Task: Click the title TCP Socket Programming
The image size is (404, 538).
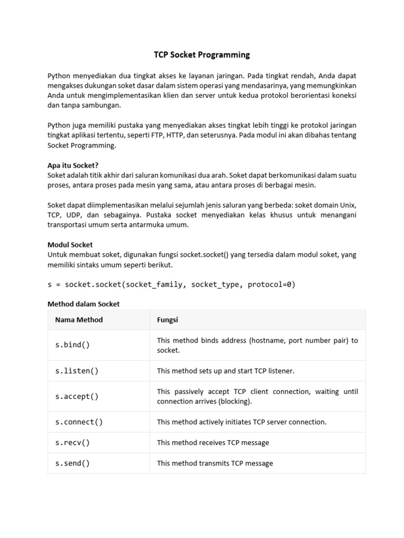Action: (x=202, y=55)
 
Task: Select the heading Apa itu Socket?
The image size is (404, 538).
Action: (x=73, y=165)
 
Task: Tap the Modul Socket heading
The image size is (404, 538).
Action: (x=70, y=245)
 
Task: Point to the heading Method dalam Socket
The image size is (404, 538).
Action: (x=84, y=304)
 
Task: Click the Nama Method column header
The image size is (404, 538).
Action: (x=79, y=319)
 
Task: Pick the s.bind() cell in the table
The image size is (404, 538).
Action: (x=73, y=345)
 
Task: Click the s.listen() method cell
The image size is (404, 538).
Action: (x=77, y=371)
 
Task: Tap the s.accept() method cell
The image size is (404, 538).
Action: (x=77, y=397)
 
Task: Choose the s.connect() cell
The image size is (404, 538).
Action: (x=79, y=422)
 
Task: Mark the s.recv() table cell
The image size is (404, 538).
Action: (x=73, y=442)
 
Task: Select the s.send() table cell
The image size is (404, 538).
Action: (x=73, y=463)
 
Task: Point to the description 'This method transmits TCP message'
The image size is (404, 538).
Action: (x=215, y=463)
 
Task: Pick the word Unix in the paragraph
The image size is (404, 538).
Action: (x=347, y=205)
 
